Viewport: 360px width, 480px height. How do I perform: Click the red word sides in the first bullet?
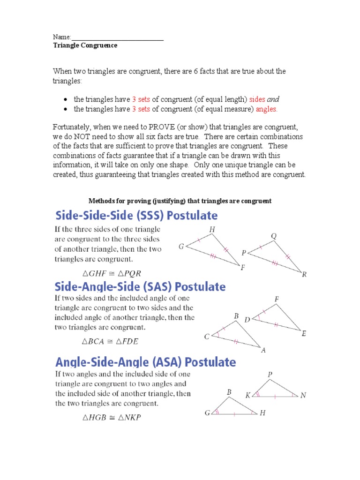coord(257,99)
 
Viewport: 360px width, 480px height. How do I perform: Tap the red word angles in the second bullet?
coord(267,109)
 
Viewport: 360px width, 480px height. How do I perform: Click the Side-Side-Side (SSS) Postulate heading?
coord(136,216)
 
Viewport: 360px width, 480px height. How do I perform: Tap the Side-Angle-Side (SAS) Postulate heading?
coord(140,286)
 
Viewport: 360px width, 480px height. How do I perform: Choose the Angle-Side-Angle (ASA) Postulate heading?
coord(145,362)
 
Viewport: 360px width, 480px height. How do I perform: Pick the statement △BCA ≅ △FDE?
coord(110,342)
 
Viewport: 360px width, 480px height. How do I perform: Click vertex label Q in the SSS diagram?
coord(274,236)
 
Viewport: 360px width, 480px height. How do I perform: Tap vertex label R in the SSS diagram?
coord(304,275)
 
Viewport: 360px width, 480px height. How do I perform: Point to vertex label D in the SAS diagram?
coord(247,320)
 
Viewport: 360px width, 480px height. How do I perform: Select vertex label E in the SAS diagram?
coord(304,334)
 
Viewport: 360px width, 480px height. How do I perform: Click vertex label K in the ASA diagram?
coord(248,395)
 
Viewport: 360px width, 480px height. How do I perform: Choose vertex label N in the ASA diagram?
coord(303,395)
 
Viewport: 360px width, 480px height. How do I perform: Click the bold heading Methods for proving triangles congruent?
coord(180,201)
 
